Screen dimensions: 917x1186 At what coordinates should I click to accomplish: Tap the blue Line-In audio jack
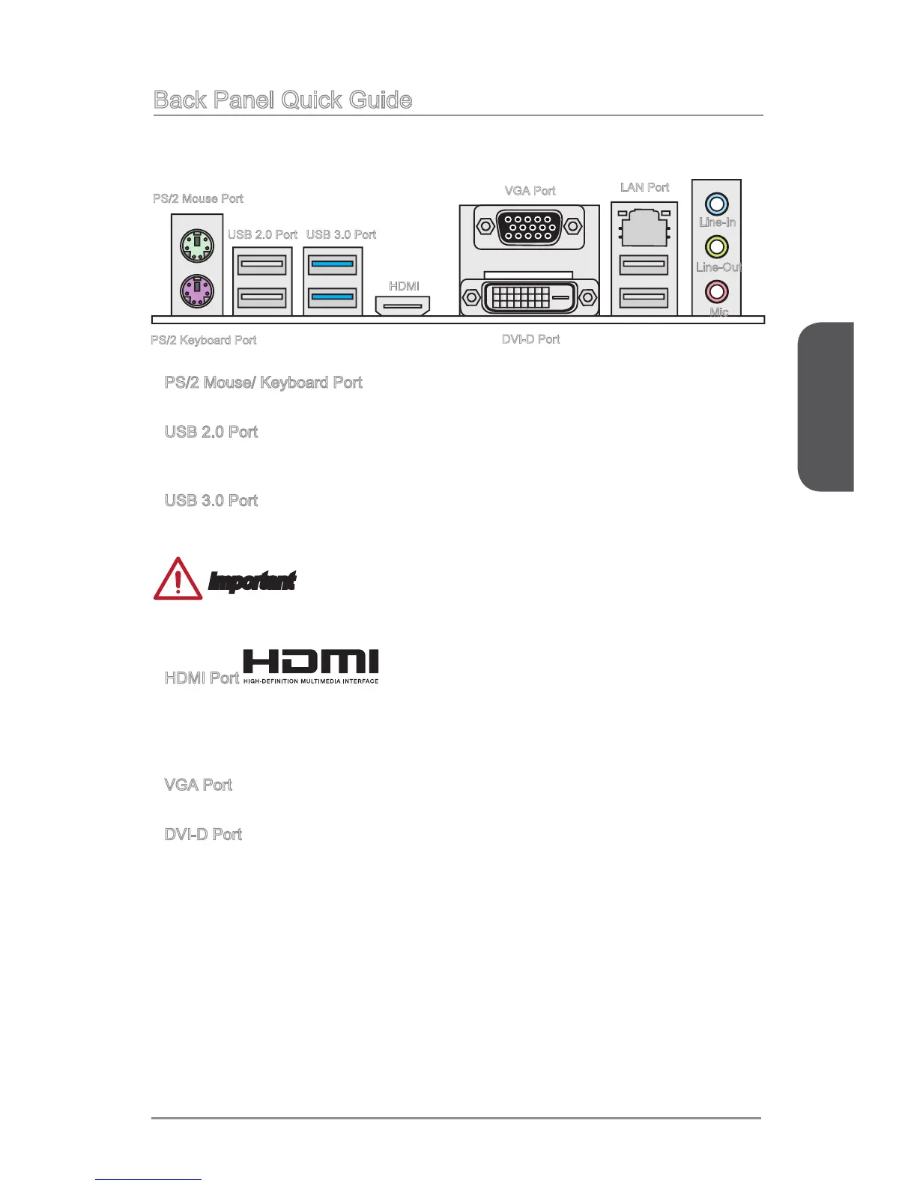[x=717, y=203]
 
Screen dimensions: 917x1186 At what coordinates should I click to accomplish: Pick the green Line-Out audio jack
[x=717, y=246]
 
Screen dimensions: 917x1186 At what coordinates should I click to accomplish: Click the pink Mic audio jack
[x=717, y=291]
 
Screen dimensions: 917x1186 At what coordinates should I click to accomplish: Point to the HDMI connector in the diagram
[x=402, y=305]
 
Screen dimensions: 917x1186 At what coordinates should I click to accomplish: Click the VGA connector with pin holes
[x=529, y=227]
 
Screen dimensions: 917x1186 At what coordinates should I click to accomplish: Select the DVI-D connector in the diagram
[x=529, y=297]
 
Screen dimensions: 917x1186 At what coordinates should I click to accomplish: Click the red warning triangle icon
[x=178, y=580]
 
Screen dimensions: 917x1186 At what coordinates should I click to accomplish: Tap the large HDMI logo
[x=311, y=666]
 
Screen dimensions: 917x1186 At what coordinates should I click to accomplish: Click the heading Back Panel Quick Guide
[x=282, y=100]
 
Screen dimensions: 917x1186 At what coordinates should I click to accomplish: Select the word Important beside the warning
[x=252, y=581]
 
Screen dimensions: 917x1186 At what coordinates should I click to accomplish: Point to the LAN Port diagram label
[x=644, y=187]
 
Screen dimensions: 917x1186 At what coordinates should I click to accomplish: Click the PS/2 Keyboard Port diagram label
[x=203, y=340]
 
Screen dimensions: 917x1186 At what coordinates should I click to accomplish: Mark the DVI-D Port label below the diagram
[x=530, y=339]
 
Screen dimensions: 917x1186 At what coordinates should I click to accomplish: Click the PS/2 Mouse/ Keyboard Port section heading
[x=263, y=383]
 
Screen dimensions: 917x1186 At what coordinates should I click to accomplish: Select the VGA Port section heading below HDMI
[x=198, y=785]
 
